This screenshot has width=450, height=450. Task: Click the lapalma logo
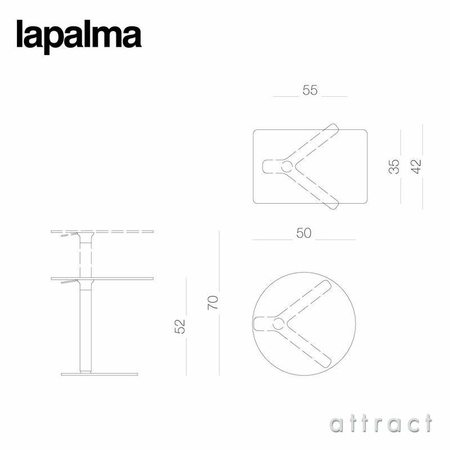pos(78,35)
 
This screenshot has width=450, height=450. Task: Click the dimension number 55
pos(310,90)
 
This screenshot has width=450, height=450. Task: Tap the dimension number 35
pos(395,166)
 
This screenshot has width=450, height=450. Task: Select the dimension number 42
pos(416,166)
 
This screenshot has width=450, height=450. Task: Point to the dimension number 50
pos(304,233)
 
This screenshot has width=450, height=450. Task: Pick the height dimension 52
pos(180,326)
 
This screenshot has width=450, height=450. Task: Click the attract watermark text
pos(381,423)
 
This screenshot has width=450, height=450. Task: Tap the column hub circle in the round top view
pos(278,324)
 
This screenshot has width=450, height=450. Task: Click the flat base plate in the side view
pos(99,374)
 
